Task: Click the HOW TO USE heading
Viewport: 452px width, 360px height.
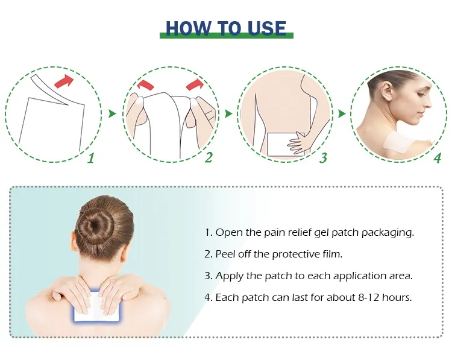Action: pyautogui.click(x=226, y=28)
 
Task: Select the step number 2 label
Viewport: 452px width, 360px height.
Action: pyautogui.click(x=209, y=158)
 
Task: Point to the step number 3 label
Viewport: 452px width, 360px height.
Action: pyautogui.click(x=323, y=159)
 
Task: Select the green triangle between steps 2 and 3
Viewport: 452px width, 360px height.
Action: pyautogui.click(x=228, y=113)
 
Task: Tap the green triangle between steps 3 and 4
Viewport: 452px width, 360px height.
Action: pyautogui.click(x=342, y=113)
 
